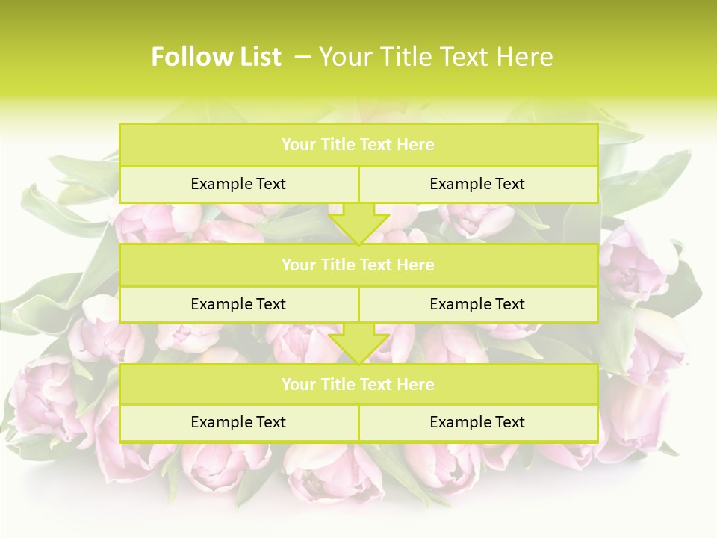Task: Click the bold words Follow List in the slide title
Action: point(216,57)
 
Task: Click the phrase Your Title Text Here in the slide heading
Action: point(435,57)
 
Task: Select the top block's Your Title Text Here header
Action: point(358,145)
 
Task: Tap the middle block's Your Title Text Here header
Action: point(358,265)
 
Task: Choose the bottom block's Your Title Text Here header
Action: point(358,385)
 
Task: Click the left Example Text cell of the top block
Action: point(238,184)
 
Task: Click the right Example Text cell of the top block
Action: point(477,184)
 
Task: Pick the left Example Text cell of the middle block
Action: point(238,304)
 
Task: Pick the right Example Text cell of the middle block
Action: point(477,304)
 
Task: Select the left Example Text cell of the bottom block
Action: point(238,422)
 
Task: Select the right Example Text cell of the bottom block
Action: point(477,422)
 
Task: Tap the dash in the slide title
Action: point(302,57)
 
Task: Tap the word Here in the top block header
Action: point(416,145)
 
